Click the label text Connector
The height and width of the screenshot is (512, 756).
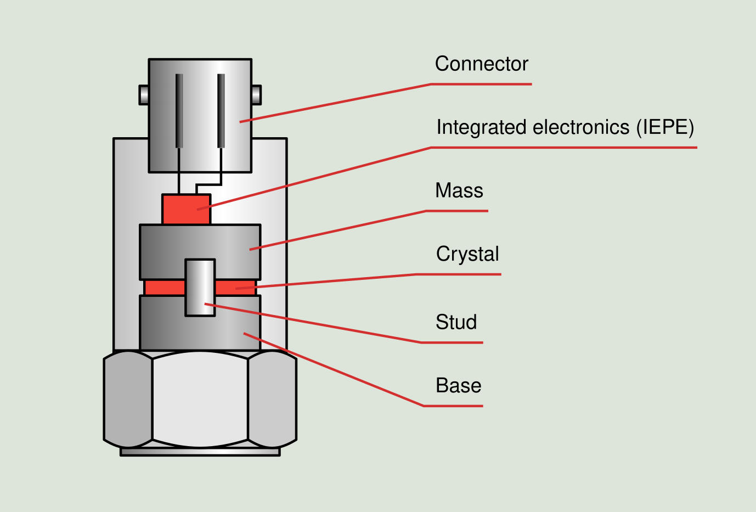tap(481, 64)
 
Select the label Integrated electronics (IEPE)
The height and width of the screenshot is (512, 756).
tap(565, 127)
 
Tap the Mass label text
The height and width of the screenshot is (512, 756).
tap(459, 191)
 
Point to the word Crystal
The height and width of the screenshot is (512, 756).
tap(467, 254)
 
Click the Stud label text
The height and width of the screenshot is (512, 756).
tap(456, 322)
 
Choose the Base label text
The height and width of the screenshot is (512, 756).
tap(458, 386)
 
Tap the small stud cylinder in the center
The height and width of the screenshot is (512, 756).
tap(200, 288)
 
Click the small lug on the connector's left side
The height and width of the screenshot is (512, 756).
tap(144, 94)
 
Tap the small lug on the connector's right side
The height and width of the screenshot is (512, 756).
tap(256, 94)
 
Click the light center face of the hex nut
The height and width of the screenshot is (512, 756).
tap(200, 399)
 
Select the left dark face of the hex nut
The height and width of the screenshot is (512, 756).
tap(128, 399)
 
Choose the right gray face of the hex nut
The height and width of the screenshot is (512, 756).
tap(272, 399)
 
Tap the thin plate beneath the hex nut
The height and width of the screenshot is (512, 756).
tap(200, 452)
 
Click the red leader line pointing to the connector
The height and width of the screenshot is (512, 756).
tap(335, 103)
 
